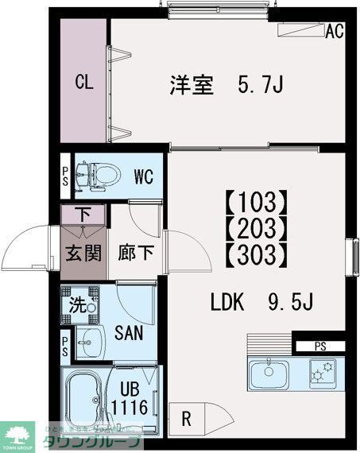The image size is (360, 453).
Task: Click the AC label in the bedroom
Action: pos(335,33)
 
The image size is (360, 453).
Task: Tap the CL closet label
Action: pos(86,82)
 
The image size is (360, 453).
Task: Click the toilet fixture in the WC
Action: pos(97,175)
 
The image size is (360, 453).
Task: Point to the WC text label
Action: pos(143,176)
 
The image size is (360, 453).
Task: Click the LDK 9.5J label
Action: pos(262,303)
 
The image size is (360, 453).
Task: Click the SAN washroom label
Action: pos(128,332)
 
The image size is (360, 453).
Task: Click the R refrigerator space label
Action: pos(184,416)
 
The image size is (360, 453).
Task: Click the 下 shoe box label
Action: pos(83,214)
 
